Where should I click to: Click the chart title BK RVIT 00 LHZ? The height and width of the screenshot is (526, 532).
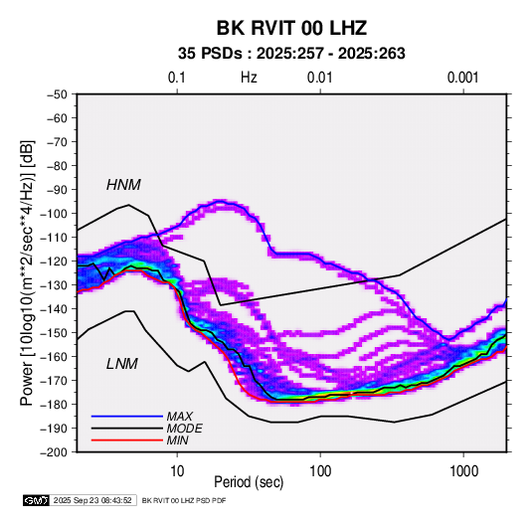(291, 28)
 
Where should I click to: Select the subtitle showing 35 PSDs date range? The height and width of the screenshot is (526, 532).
(291, 54)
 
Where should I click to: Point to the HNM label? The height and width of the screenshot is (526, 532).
(123, 185)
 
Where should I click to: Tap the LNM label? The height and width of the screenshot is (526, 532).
(122, 364)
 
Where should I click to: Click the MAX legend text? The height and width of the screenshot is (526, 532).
(180, 416)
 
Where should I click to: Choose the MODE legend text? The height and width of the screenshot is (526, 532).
(185, 429)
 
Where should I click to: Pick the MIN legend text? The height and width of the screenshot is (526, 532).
(177, 440)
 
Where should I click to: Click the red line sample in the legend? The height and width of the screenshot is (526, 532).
(127, 440)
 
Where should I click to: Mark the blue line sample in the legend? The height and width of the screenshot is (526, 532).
(127, 417)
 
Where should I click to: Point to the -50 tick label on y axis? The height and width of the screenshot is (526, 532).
(57, 94)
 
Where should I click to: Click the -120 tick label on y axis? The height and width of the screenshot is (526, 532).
(55, 262)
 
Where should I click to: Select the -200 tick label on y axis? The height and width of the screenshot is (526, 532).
(55, 452)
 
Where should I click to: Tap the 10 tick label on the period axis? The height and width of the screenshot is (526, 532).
(177, 471)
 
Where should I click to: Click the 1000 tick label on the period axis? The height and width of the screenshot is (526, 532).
(463, 471)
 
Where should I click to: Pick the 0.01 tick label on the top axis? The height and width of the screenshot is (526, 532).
(319, 78)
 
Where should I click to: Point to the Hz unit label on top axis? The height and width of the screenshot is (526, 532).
(249, 78)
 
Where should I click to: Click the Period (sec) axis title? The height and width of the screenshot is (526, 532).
(249, 482)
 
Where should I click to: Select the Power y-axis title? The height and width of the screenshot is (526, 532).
(27, 272)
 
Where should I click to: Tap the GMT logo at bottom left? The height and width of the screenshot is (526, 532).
(37, 500)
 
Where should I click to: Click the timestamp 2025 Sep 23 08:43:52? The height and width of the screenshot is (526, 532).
(92, 500)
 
